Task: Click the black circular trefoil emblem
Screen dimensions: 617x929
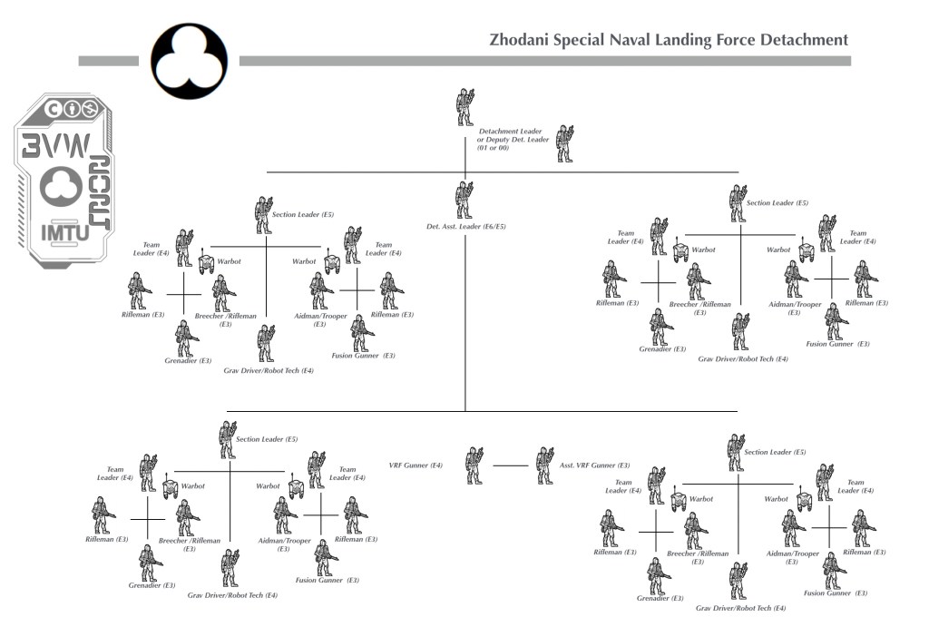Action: pyautogui.click(x=190, y=60)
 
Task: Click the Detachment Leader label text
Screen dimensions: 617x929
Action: pyautogui.click(x=510, y=132)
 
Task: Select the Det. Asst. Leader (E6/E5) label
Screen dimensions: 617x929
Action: pyautogui.click(x=466, y=226)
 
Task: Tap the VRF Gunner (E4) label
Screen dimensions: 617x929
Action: pyautogui.click(x=416, y=465)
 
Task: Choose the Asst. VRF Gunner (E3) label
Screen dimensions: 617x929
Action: pyautogui.click(x=594, y=465)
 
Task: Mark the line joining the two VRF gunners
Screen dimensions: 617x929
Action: pyautogui.click(x=509, y=465)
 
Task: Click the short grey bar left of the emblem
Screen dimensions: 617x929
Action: pyautogui.click(x=112, y=61)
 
